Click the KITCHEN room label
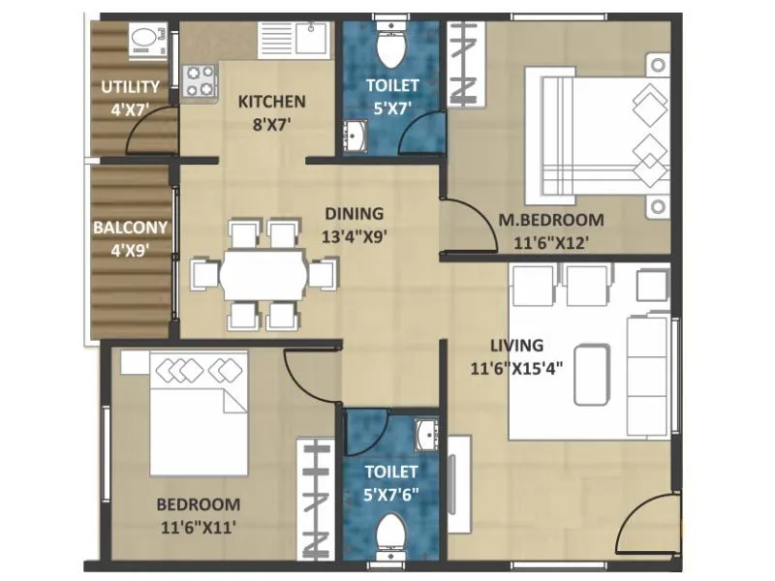click(x=272, y=101)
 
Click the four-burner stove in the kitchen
click(x=200, y=79)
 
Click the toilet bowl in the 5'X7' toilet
click(x=392, y=44)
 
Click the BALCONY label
click(x=130, y=229)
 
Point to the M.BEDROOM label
click(x=550, y=220)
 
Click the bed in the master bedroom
click(x=595, y=141)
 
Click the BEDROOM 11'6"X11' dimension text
click(x=198, y=528)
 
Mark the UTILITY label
click(x=130, y=88)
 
